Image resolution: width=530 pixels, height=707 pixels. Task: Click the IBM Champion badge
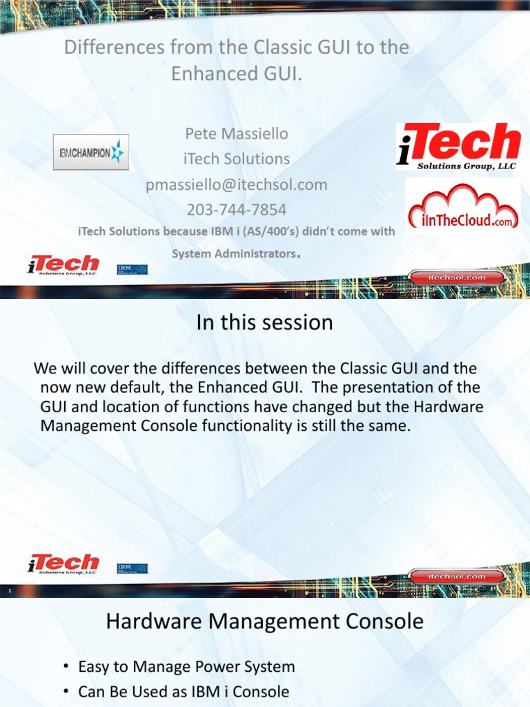(x=91, y=152)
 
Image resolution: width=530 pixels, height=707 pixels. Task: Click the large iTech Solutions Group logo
(x=458, y=146)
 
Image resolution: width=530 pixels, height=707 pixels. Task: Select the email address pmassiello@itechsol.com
(x=236, y=184)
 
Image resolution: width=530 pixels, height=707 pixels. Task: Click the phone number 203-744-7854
(x=236, y=209)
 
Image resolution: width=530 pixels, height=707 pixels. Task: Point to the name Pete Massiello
(x=236, y=133)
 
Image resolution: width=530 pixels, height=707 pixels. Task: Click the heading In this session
(x=264, y=322)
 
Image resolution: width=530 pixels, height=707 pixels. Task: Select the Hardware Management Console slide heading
(x=264, y=621)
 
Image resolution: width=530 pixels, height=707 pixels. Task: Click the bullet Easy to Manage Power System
(x=186, y=667)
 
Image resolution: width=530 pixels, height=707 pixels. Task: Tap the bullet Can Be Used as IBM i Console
(x=184, y=692)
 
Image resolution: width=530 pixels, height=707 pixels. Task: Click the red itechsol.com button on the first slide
(x=457, y=277)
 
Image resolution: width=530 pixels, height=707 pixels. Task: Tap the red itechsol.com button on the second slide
(x=457, y=576)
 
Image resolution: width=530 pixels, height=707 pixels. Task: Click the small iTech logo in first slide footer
(x=63, y=265)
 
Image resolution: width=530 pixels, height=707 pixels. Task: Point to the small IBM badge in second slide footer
(x=132, y=568)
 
